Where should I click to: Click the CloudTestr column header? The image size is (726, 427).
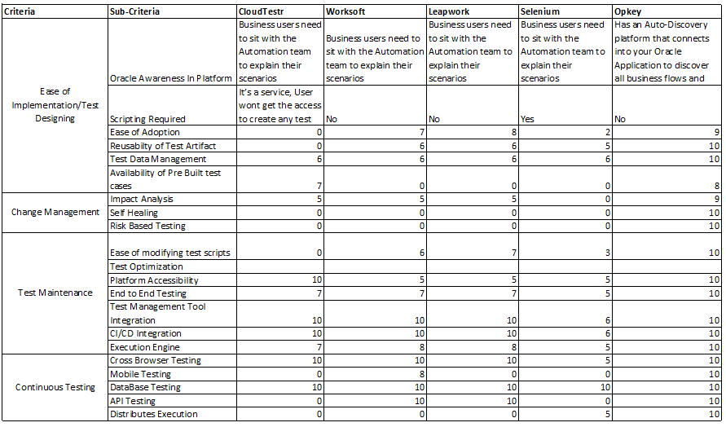click(x=262, y=12)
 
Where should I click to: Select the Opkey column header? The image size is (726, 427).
click(x=628, y=12)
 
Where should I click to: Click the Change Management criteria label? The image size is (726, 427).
click(x=55, y=213)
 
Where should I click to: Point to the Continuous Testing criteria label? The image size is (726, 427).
click(x=55, y=387)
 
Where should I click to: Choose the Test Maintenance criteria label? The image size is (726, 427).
click(x=55, y=293)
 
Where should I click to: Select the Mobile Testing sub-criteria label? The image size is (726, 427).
click(x=140, y=374)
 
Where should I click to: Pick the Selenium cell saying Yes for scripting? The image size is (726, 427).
click(x=529, y=119)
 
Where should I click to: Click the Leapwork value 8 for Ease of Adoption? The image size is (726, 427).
click(x=513, y=132)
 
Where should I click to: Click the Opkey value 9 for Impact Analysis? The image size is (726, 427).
click(x=715, y=199)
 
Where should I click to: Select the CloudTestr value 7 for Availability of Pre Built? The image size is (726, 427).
click(x=318, y=186)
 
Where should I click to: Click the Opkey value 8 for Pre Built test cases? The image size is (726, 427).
click(x=715, y=186)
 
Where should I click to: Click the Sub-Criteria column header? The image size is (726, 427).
click(x=134, y=12)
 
